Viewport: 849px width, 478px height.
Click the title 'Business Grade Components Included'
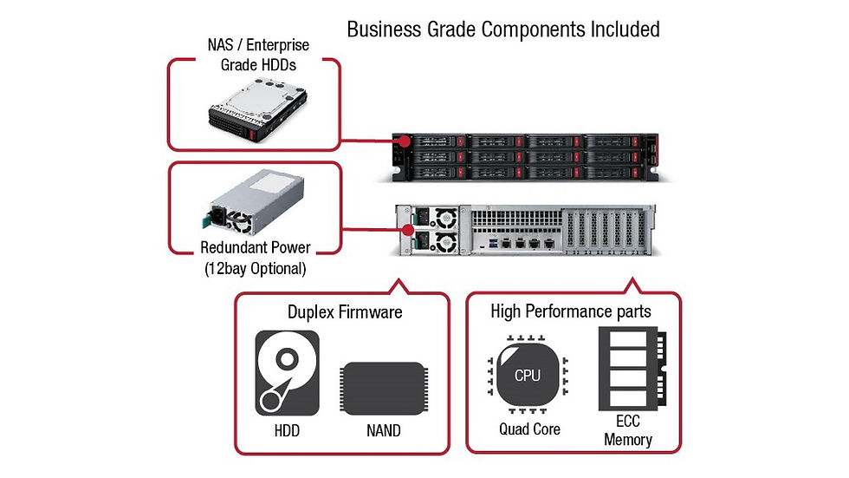(x=502, y=29)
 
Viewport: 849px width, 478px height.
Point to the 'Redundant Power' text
(x=255, y=248)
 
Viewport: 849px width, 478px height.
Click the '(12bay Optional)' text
(x=255, y=268)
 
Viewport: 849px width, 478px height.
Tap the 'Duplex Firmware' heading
(x=344, y=311)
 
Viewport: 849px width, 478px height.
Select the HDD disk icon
(x=287, y=373)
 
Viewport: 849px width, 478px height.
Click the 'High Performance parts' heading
(x=572, y=311)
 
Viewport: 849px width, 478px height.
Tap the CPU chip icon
(x=527, y=375)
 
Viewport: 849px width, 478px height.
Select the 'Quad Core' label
(x=529, y=429)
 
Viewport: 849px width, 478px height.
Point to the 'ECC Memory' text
(x=628, y=432)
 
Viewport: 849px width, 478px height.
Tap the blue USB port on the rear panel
(x=496, y=245)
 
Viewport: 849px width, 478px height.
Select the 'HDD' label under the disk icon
(x=287, y=430)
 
